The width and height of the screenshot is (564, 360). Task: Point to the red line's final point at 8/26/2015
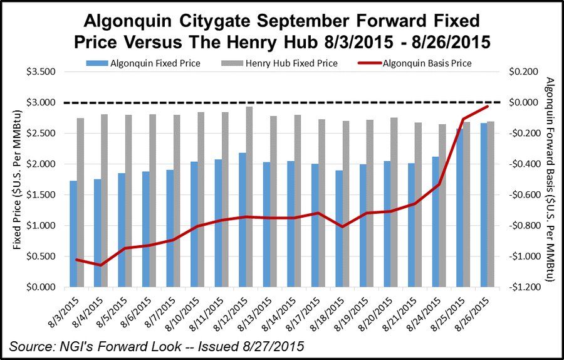pos(487,107)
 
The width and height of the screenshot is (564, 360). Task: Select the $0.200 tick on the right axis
pos(523,71)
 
